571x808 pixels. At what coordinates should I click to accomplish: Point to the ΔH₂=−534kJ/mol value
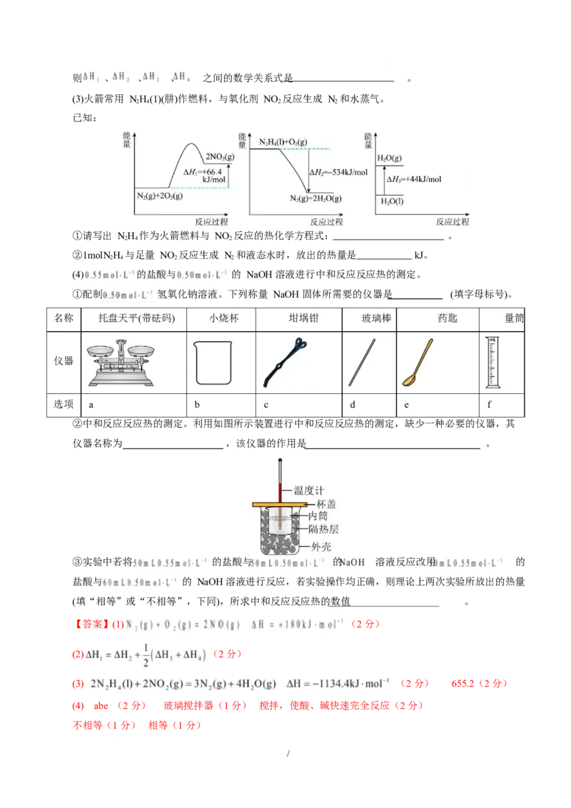click(x=338, y=172)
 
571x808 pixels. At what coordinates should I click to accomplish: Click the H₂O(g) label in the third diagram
click(x=390, y=158)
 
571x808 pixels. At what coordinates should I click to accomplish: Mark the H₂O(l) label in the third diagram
click(x=390, y=202)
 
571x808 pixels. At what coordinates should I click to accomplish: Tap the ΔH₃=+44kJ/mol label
click(x=414, y=179)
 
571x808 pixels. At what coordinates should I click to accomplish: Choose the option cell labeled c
click(x=266, y=405)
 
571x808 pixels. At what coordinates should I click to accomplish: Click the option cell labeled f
click(x=489, y=405)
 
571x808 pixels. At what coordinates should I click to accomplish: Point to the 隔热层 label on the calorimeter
click(x=324, y=530)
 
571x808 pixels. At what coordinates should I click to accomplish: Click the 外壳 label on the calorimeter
click(x=320, y=547)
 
